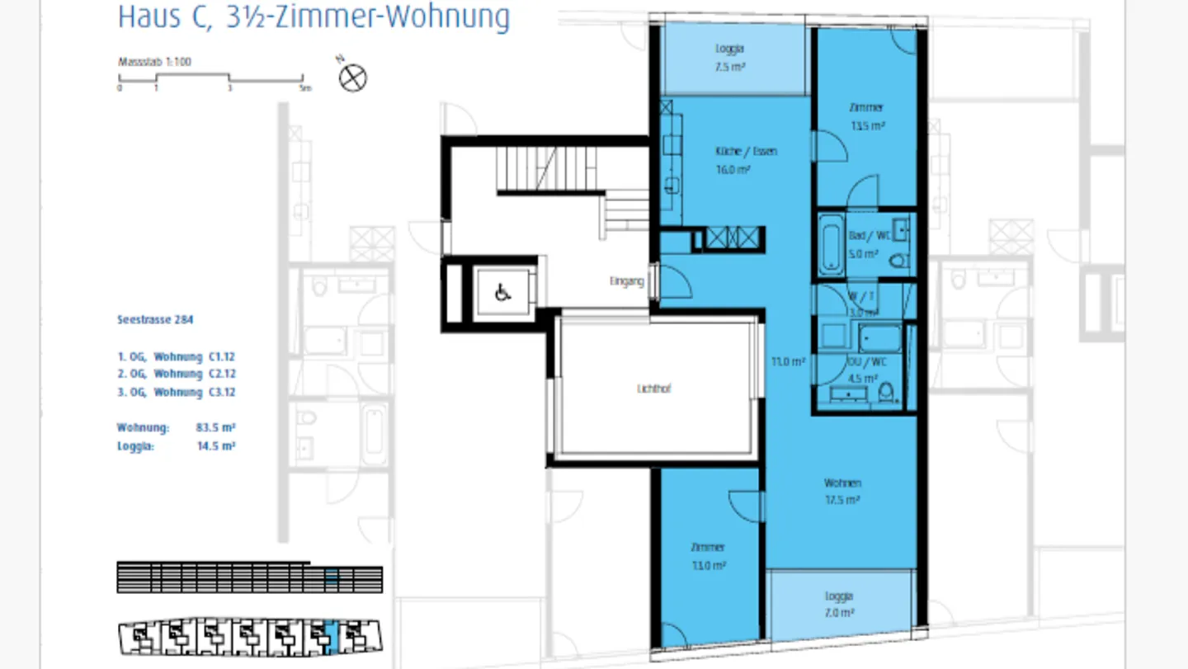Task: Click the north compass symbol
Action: [x=353, y=78]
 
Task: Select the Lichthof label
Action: [x=653, y=389]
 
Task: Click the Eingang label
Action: [x=626, y=281]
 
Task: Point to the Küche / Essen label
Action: [x=746, y=152]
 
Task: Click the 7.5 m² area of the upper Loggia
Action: [x=730, y=67]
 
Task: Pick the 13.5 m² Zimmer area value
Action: [x=867, y=126]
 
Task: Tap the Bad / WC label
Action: [x=865, y=236]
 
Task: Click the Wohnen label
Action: [x=842, y=483]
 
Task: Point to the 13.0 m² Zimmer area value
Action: [x=708, y=566]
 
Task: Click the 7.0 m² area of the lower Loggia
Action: [x=838, y=613]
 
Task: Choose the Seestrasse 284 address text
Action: [x=155, y=319]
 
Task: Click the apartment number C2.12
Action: [x=222, y=374]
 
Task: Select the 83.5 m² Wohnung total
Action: [x=217, y=427]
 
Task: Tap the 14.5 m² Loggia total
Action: [x=217, y=446]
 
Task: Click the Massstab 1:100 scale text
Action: [x=155, y=62]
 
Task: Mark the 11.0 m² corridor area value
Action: [x=789, y=361]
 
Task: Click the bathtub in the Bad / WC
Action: [x=830, y=245]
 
